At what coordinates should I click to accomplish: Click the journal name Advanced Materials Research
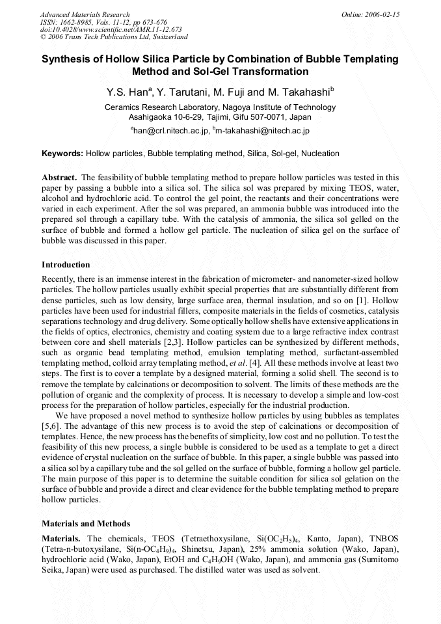pyautogui.click(x=85, y=14)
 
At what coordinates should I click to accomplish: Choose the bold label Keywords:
pyautogui.click(x=62, y=154)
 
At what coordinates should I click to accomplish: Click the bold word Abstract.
pyautogui.click(x=59, y=177)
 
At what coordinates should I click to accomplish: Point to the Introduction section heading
pyautogui.click(x=66, y=265)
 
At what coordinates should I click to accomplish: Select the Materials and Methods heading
pyautogui.click(x=86, y=523)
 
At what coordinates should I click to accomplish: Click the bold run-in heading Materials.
pyautogui.click(x=61, y=538)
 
